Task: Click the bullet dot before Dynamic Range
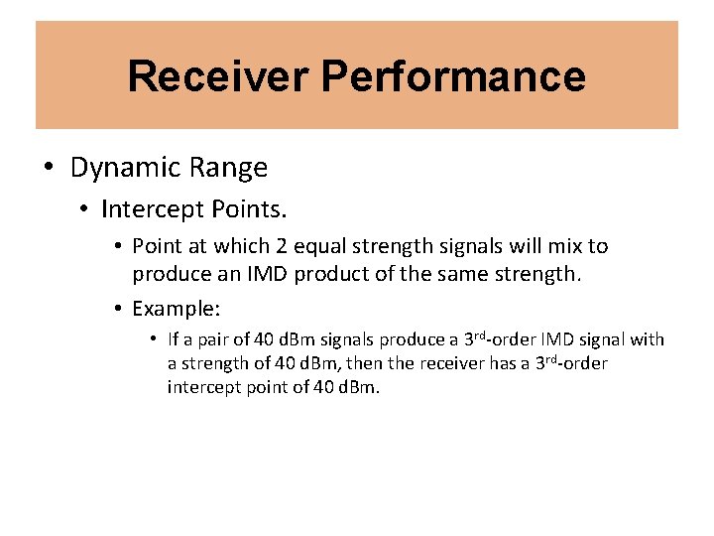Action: [49, 167]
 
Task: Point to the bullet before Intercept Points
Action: [86, 209]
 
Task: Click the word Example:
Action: [176, 308]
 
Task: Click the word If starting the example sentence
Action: [174, 339]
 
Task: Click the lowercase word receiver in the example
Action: [449, 363]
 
